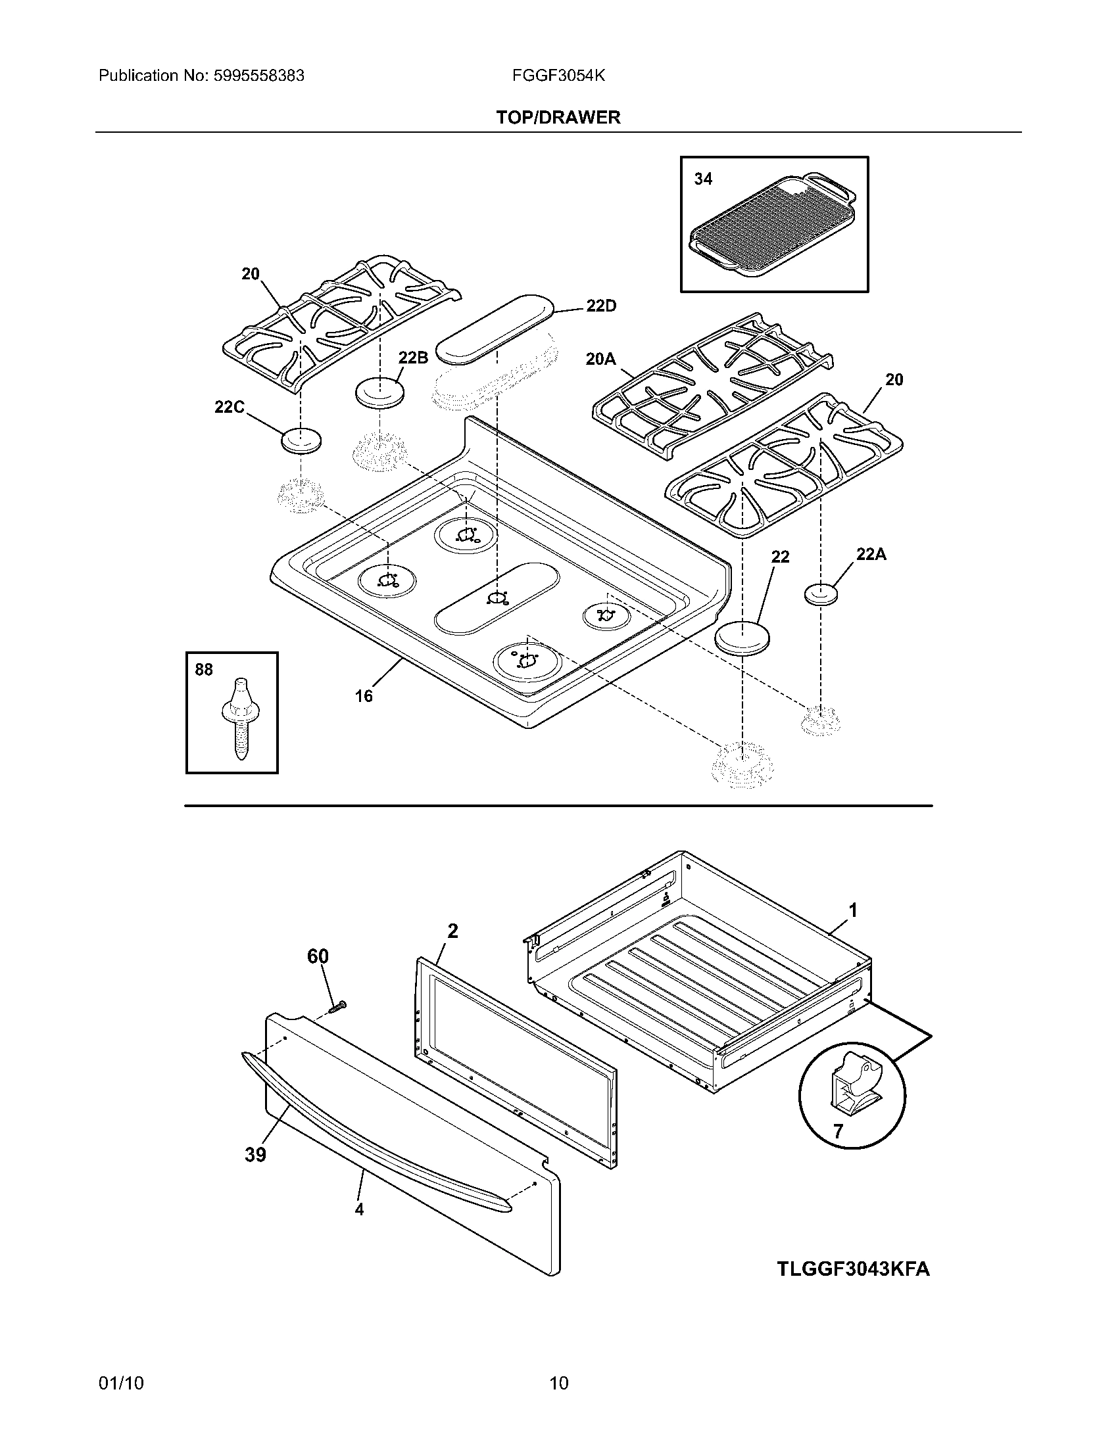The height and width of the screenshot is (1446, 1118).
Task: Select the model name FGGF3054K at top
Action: pyautogui.click(x=558, y=76)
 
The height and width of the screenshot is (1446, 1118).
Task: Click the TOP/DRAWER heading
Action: pyautogui.click(x=558, y=118)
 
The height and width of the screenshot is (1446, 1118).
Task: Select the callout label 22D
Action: pyautogui.click(x=600, y=306)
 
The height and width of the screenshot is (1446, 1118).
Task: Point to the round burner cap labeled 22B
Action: pyautogui.click(x=380, y=392)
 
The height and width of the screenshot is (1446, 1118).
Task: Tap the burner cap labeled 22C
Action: pyautogui.click(x=301, y=441)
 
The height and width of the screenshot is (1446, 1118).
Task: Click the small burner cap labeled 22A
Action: pyautogui.click(x=821, y=594)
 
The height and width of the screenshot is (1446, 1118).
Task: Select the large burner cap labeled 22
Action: pyautogui.click(x=743, y=638)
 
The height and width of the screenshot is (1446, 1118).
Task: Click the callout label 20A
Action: pyautogui.click(x=600, y=359)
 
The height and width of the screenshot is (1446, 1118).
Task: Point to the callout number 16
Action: pyautogui.click(x=363, y=696)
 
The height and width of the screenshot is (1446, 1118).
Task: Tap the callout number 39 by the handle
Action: pyautogui.click(x=255, y=1155)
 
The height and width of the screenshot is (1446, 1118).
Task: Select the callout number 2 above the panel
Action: pyautogui.click(x=452, y=931)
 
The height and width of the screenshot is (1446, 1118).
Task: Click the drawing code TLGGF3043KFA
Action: pyautogui.click(x=853, y=1269)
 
